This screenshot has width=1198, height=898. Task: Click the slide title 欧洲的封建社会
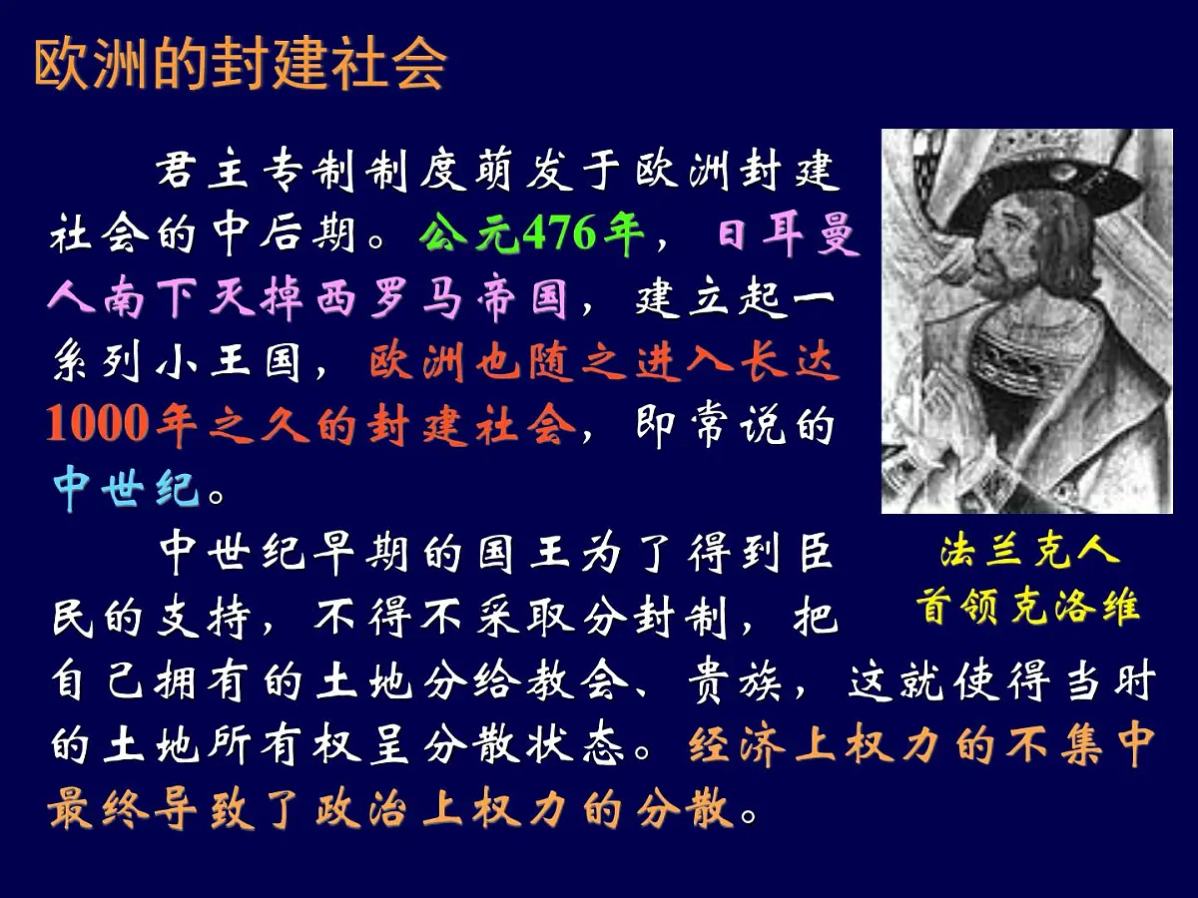coord(240,65)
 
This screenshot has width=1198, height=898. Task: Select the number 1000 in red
coord(96,426)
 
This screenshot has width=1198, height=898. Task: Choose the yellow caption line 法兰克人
coord(1029,551)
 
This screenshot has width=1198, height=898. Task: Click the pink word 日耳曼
coord(789,237)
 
